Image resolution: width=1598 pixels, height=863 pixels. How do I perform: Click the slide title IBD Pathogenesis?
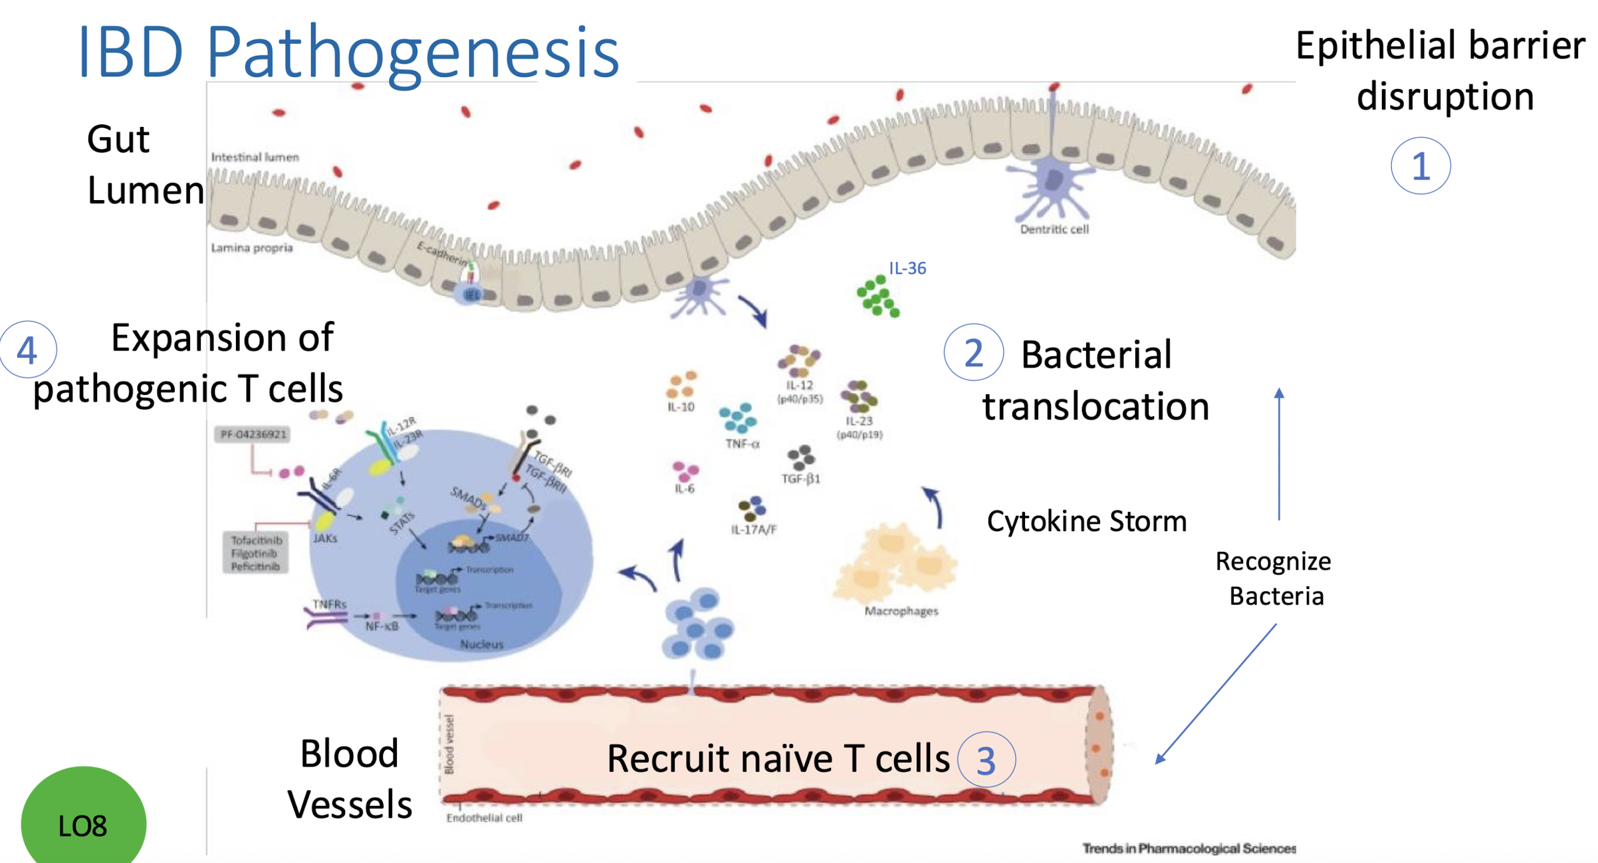(x=348, y=52)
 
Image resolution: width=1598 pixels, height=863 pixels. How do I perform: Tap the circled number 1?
(x=1420, y=166)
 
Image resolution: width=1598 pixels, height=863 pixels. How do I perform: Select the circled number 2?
(x=972, y=353)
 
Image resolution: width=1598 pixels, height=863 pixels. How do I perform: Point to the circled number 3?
(x=986, y=760)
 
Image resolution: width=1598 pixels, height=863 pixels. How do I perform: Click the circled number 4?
(x=27, y=350)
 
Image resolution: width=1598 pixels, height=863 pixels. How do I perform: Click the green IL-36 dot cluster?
(x=877, y=297)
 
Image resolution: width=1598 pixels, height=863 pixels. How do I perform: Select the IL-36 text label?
(x=907, y=269)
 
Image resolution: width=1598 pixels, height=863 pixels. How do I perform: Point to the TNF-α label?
(x=742, y=443)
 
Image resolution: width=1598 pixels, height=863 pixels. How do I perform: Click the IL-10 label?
(x=681, y=407)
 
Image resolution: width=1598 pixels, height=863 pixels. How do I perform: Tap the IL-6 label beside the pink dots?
(x=684, y=489)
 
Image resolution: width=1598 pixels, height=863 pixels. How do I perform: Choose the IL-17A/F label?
(x=754, y=530)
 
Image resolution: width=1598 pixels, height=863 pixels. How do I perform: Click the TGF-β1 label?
(x=800, y=479)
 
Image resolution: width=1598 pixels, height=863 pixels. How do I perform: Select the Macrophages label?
(x=901, y=611)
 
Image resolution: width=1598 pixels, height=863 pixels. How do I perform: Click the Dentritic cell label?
(x=1054, y=229)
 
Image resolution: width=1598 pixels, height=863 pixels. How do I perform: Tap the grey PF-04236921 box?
(x=253, y=435)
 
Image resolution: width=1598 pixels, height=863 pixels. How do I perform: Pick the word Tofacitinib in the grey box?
(x=257, y=541)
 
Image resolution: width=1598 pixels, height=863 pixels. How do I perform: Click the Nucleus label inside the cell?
(x=482, y=644)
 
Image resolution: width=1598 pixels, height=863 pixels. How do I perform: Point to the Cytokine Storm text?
(x=1086, y=521)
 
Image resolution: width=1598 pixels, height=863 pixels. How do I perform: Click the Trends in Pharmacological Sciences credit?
(x=1189, y=848)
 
